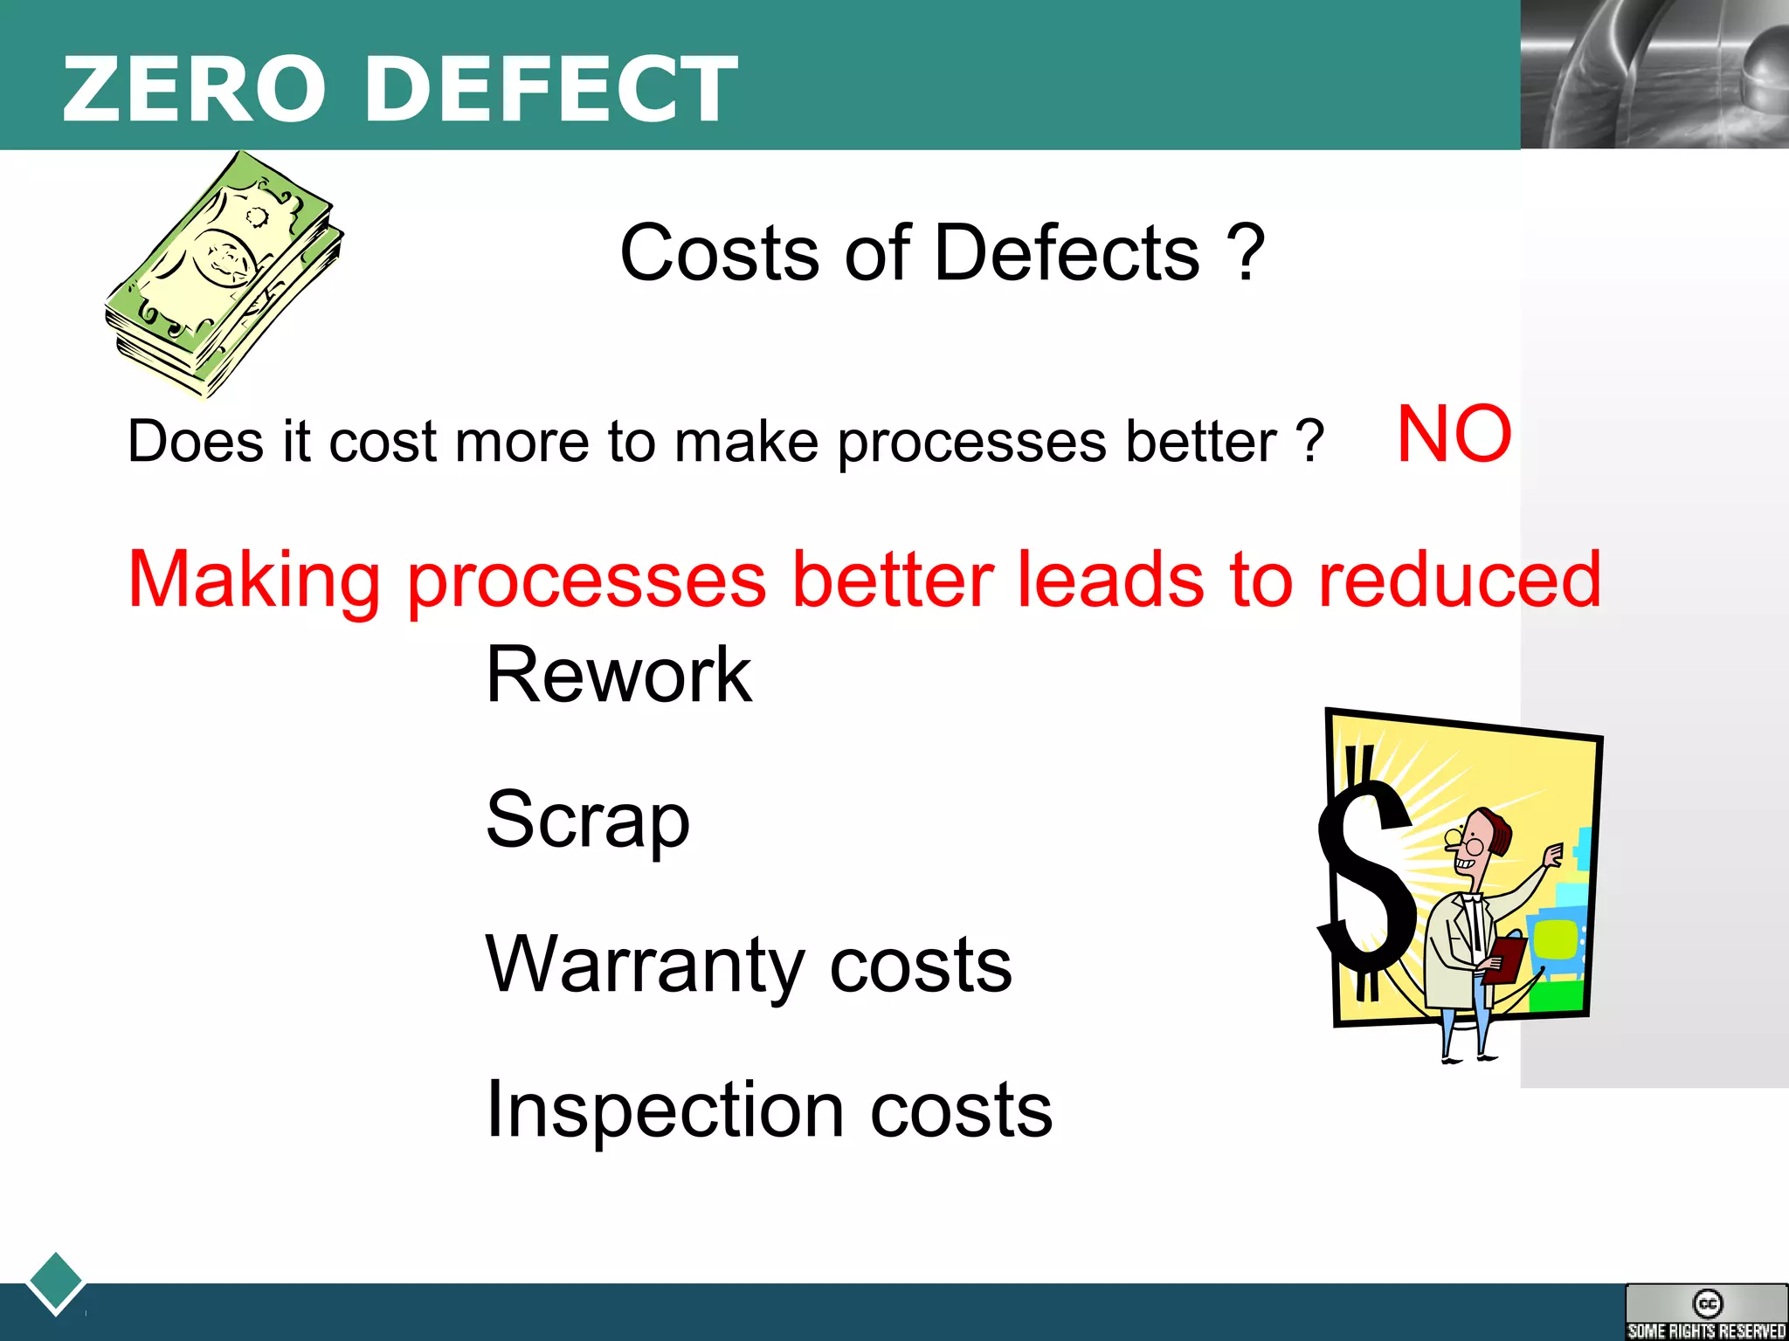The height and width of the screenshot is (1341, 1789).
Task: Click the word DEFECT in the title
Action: tap(551, 88)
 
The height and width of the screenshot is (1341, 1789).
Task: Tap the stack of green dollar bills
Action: tap(224, 275)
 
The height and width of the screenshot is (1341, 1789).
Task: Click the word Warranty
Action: tap(644, 965)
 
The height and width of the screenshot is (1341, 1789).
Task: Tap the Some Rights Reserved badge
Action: tap(1706, 1312)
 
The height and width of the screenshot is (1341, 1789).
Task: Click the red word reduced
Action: tap(1460, 579)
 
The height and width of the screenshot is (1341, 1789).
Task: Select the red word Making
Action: tap(254, 581)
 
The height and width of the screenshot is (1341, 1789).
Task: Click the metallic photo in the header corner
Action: tap(1654, 74)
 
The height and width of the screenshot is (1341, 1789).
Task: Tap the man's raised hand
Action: tap(1553, 853)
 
